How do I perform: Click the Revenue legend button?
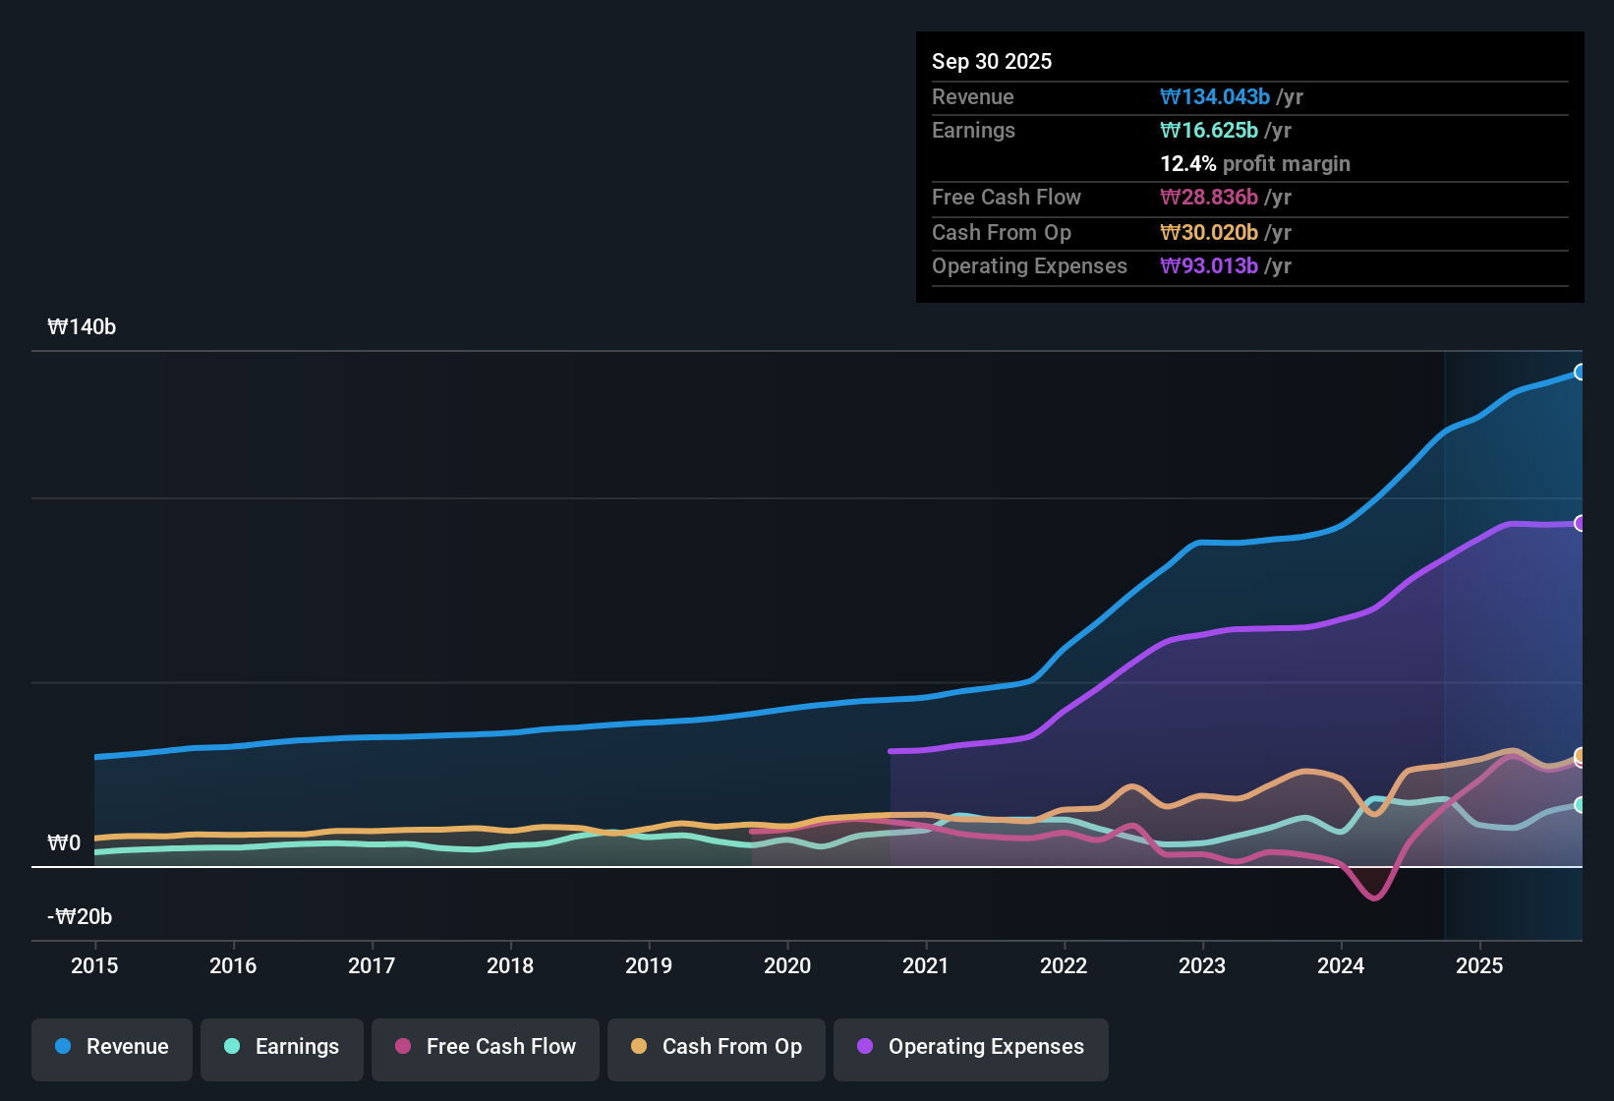pyautogui.click(x=112, y=1047)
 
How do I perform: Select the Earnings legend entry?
pyautogui.click(x=282, y=1047)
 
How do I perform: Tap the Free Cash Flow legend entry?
pyautogui.click(x=486, y=1047)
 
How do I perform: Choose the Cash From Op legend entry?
pyautogui.click(x=717, y=1047)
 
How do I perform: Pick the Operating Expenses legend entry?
pyautogui.click(x=971, y=1047)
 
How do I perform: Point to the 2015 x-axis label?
pyautogui.click(x=94, y=965)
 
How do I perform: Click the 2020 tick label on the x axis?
pyautogui.click(x=787, y=965)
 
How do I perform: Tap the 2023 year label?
pyautogui.click(x=1202, y=965)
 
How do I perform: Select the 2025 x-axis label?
pyautogui.click(x=1479, y=965)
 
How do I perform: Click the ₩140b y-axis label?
pyautogui.click(x=82, y=327)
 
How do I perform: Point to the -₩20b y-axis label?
pyautogui.click(x=80, y=917)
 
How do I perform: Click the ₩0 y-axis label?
pyautogui.click(x=64, y=843)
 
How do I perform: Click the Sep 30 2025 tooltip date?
pyautogui.click(x=992, y=61)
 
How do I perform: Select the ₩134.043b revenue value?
pyautogui.click(x=1215, y=96)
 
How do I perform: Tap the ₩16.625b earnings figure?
pyautogui.click(x=1209, y=130)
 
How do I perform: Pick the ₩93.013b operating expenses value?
pyautogui.click(x=1209, y=265)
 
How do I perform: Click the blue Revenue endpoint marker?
pyautogui.click(x=1580, y=372)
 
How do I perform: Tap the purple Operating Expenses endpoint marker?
pyautogui.click(x=1580, y=523)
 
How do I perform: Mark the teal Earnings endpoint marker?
pyautogui.click(x=1580, y=804)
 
